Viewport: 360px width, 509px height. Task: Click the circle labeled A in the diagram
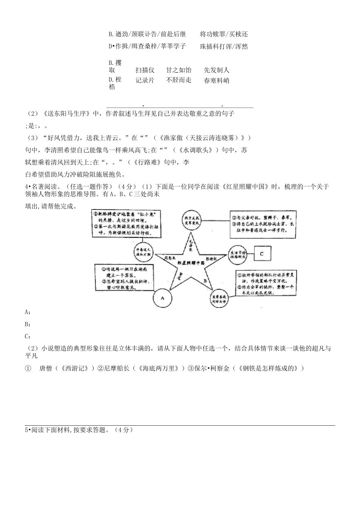coord(162,298)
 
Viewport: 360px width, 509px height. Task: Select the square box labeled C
coord(261,253)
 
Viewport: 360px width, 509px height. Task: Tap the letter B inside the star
coord(205,281)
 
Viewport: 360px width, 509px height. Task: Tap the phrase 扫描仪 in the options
coord(145,70)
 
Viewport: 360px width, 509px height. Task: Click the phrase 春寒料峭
coord(216,80)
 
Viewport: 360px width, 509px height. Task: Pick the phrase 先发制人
coord(216,70)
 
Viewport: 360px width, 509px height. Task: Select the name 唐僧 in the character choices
coord(45,368)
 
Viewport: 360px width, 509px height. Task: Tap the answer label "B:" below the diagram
coord(28,324)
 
